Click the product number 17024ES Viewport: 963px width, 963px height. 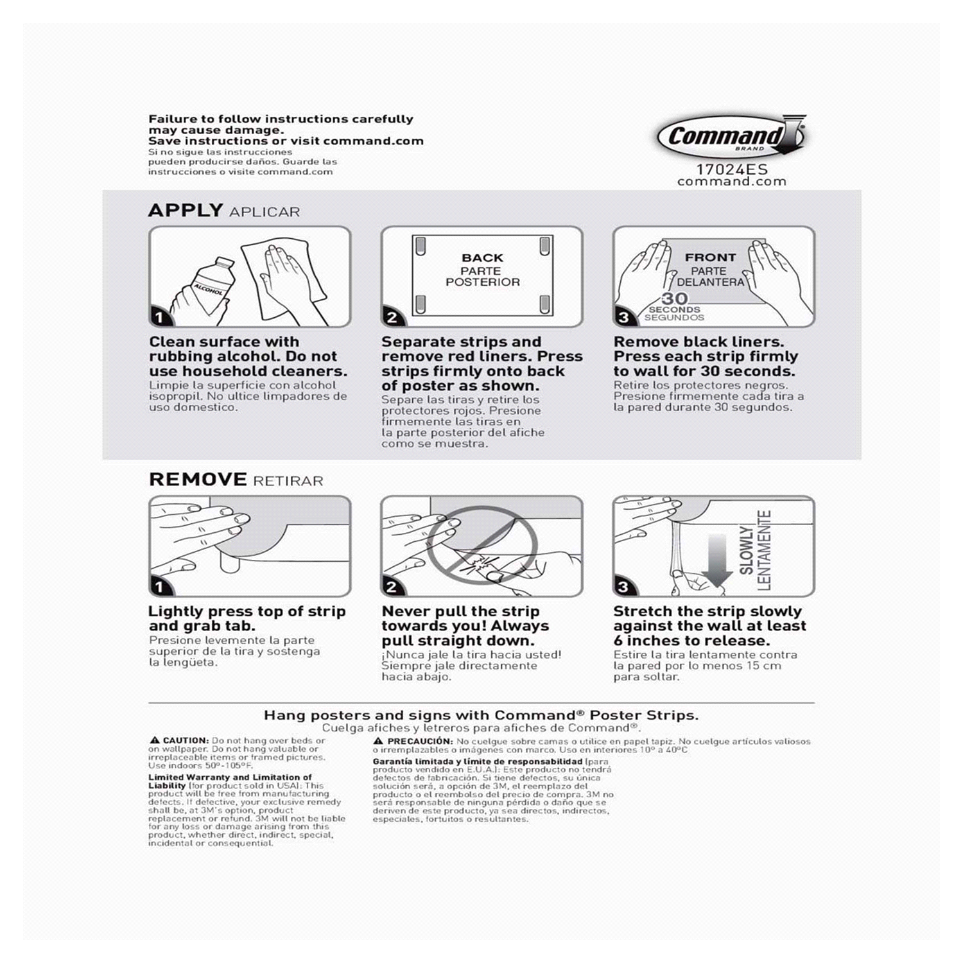pos(732,170)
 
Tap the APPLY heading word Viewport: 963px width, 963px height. pos(186,211)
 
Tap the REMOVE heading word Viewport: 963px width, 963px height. pos(198,480)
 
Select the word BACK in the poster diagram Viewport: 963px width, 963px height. pos(482,258)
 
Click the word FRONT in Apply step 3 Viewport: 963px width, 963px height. pos(710,257)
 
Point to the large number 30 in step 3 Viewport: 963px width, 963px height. pos(675,299)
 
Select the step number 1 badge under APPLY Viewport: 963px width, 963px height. pos(159,317)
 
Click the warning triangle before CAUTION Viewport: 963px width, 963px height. pos(155,741)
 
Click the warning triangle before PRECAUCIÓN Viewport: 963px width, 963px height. pos(378,742)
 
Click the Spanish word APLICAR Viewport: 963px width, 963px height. pos(265,213)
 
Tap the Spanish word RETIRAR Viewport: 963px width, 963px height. pos(288,481)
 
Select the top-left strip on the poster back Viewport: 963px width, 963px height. pos(421,245)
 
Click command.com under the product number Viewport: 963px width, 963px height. pos(732,182)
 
